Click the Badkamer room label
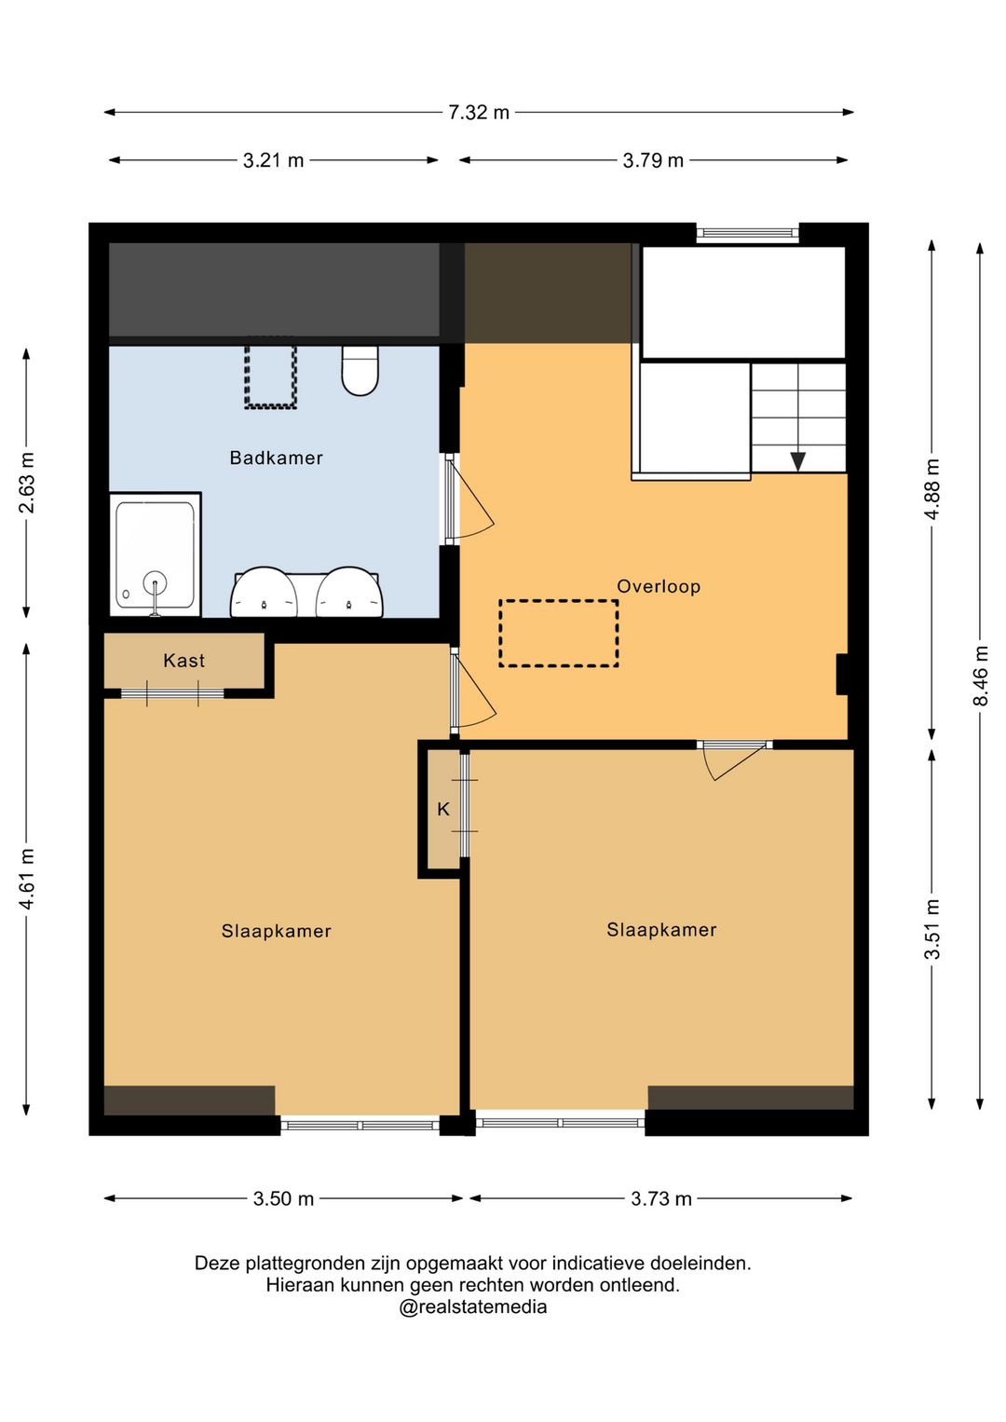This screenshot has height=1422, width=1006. pyautogui.click(x=276, y=458)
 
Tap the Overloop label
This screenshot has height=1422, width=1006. pyautogui.click(x=659, y=586)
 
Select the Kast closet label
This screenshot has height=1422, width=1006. pyautogui.click(x=184, y=661)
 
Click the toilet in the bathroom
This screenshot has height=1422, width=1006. pyautogui.click(x=360, y=370)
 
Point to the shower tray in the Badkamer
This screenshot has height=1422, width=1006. pyautogui.click(x=156, y=554)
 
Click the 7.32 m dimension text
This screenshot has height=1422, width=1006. pyautogui.click(x=479, y=113)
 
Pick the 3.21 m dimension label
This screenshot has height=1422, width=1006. pyautogui.click(x=273, y=160)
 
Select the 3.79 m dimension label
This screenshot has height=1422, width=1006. pyautogui.click(x=653, y=160)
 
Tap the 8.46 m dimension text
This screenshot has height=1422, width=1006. pyautogui.click(x=981, y=676)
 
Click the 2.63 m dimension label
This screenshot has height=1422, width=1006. pyautogui.click(x=27, y=483)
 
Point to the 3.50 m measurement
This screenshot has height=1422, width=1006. pyautogui.click(x=283, y=1198)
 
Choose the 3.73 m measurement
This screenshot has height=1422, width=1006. pyautogui.click(x=660, y=1198)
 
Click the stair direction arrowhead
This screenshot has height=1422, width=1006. pyautogui.click(x=798, y=461)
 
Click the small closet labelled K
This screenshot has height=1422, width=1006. pyautogui.click(x=443, y=810)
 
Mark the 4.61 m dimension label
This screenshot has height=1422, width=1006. pyautogui.click(x=27, y=880)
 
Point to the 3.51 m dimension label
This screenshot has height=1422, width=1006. pyautogui.click(x=932, y=929)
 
